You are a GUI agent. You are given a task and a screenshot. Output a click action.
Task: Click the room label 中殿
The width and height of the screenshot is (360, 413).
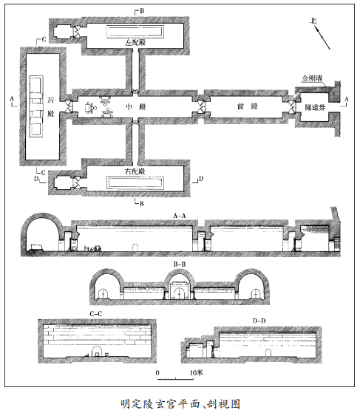(136, 107)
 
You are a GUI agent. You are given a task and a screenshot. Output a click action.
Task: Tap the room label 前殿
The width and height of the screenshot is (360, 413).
(248, 106)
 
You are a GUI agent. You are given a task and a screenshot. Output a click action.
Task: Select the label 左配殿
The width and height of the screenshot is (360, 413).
(135, 43)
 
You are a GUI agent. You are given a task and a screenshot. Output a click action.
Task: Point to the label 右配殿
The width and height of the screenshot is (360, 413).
(135, 171)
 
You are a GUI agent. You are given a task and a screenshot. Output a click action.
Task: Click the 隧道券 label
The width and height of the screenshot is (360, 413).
(315, 107)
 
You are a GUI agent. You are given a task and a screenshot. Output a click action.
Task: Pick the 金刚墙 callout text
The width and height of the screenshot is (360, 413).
(312, 78)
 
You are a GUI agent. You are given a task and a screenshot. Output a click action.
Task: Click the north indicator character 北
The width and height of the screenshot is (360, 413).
(313, 21)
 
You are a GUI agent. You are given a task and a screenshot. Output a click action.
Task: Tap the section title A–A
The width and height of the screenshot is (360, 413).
(180, 216)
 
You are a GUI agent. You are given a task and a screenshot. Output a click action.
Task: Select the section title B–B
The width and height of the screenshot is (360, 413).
(179, 264)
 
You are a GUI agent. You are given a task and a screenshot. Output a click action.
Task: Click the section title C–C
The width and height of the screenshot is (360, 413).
(96, 314)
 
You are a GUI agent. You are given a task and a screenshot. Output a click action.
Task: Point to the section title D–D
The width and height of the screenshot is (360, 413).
(259, 321)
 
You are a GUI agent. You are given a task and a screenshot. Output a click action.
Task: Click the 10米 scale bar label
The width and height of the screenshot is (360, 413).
(197, 372)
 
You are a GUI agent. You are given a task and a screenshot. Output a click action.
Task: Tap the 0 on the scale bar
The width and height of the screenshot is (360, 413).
(157, 373)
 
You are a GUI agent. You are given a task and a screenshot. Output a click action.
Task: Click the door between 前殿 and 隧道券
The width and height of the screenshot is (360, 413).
(292, 107)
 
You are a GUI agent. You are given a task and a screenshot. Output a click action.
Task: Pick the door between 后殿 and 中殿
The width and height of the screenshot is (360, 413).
(69, 107)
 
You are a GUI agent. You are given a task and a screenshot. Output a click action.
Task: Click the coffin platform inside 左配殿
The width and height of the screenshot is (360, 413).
(135, 32)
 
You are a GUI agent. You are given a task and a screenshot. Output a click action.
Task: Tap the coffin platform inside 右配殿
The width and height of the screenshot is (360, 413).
(135, 182)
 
